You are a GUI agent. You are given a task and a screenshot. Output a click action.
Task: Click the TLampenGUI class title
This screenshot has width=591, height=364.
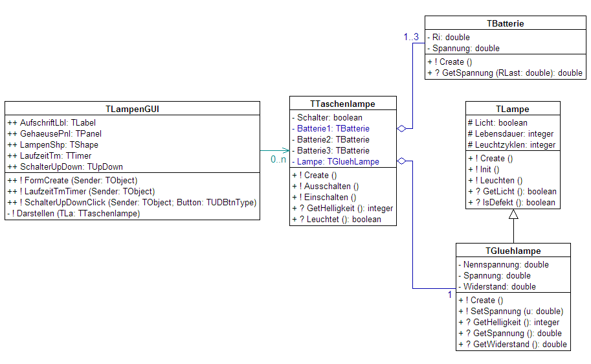click(132, 108)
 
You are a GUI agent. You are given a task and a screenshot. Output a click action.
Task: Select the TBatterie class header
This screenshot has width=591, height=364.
click(505, 23)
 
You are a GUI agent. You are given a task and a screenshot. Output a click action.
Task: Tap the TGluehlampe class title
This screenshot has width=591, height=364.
click(513, 251)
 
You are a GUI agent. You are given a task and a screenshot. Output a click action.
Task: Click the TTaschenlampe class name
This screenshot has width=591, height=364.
click(342, 104)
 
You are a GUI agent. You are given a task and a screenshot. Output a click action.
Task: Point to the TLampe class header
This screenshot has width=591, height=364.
click(513, 109)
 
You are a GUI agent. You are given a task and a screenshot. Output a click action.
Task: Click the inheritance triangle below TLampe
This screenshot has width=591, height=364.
click(513, 214)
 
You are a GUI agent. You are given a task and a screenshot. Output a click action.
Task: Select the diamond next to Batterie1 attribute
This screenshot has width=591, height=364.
click(402, 129)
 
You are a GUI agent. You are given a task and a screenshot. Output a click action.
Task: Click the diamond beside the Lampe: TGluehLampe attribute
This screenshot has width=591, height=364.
click(402, 161)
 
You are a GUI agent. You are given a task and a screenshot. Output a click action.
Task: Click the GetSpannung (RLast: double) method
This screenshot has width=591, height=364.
click(504, 73)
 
